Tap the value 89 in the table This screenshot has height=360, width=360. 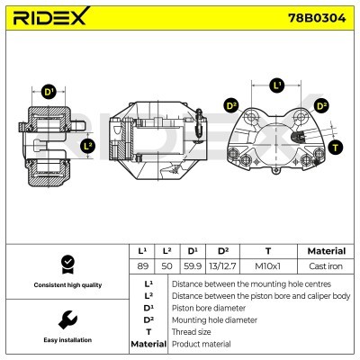(x=142, y=266)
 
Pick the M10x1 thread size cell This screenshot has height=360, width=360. (x=268, y=266)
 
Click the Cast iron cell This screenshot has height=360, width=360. (x=326, y=266)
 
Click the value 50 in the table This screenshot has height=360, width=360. (x=166, y=266)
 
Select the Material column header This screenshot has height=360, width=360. (x=326, y=251)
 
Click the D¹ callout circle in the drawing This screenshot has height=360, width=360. (x=49, y=91)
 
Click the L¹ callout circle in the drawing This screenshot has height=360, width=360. (x=277, y=85)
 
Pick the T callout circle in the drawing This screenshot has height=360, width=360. (x=336, y=147)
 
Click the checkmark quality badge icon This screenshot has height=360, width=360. (x=66, y=265)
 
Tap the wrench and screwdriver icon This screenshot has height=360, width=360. (x=66, y=319)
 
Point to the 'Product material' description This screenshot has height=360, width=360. (x=202, y=344)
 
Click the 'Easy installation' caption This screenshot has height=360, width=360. (x=66, y=340)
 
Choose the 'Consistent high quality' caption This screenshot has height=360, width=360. (x=66, y=284)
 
